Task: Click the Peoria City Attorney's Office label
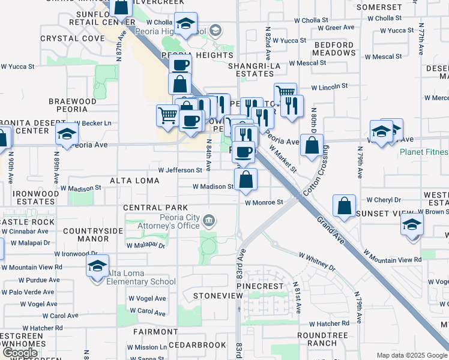[x=168, y=221]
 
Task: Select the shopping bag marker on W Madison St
[x=246, y=179]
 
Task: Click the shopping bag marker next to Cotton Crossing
[x=312, y=145]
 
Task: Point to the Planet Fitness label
[x=424, y=152]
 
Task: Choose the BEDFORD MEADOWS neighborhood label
[x=334, y=49]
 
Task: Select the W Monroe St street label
[x=264, y=202]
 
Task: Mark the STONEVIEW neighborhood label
[x=217, y=296]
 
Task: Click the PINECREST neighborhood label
[x=260, y=286]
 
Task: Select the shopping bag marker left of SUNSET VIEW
[x=345, y=206]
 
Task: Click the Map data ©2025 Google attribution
[x=412, y=355]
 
